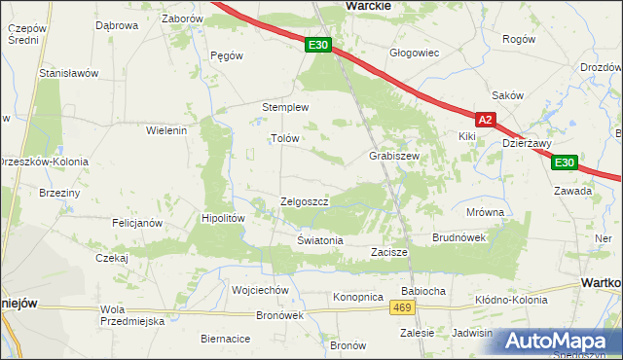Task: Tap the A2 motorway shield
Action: coord(487,120)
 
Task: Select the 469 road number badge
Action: coord(402,307)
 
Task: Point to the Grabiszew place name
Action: coord(393,156)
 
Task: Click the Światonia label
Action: coord(320,239)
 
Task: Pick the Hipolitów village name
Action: coord(223,219)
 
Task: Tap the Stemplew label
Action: coord(285,107)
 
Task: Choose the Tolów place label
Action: coord(283,138)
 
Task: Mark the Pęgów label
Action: coord(226,55)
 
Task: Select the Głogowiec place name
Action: coord(414,53)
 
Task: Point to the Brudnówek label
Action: coord(458,237)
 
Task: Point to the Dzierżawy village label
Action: coord(525,142)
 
